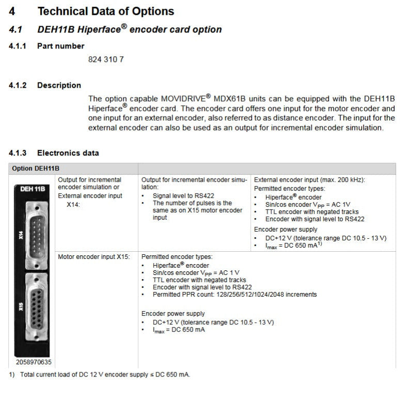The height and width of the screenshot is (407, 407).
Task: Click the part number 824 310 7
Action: pos(106,59)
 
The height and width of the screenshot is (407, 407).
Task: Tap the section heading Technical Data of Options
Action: pos(106,11)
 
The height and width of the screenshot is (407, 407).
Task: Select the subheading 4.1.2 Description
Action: pos(45,85)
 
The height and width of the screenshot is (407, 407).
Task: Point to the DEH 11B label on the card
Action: pos(32,189)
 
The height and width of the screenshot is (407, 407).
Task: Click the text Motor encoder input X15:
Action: pos(94,256)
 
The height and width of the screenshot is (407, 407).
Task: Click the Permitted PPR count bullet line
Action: pos(235,295)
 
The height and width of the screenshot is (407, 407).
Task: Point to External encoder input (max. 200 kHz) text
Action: pos(310,180)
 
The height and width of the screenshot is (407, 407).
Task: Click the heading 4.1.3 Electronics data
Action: pos(54,153)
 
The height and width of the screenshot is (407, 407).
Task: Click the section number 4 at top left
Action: pos(12,11)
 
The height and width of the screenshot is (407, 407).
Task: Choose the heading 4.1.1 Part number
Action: pos(46,46)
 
